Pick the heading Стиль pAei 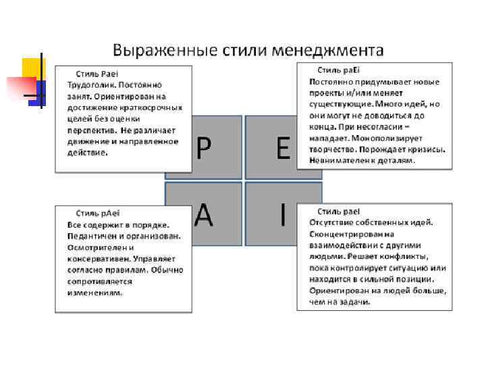tap(99, 213)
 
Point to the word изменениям tap(94, 293)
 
